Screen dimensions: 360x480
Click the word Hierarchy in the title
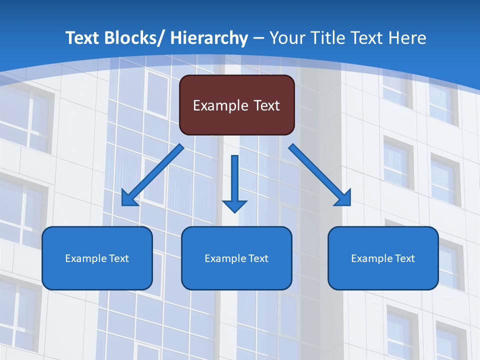click(x=209, y=38)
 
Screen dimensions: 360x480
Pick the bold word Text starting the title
click(x=82, y=38)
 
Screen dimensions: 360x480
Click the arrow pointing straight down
click(x=234, y=180)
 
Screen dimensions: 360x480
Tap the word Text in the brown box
click(x=265, y=105)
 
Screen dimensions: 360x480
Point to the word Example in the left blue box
click(x=86, y=258)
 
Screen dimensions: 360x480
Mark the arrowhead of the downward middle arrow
click(x=234, y=205)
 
